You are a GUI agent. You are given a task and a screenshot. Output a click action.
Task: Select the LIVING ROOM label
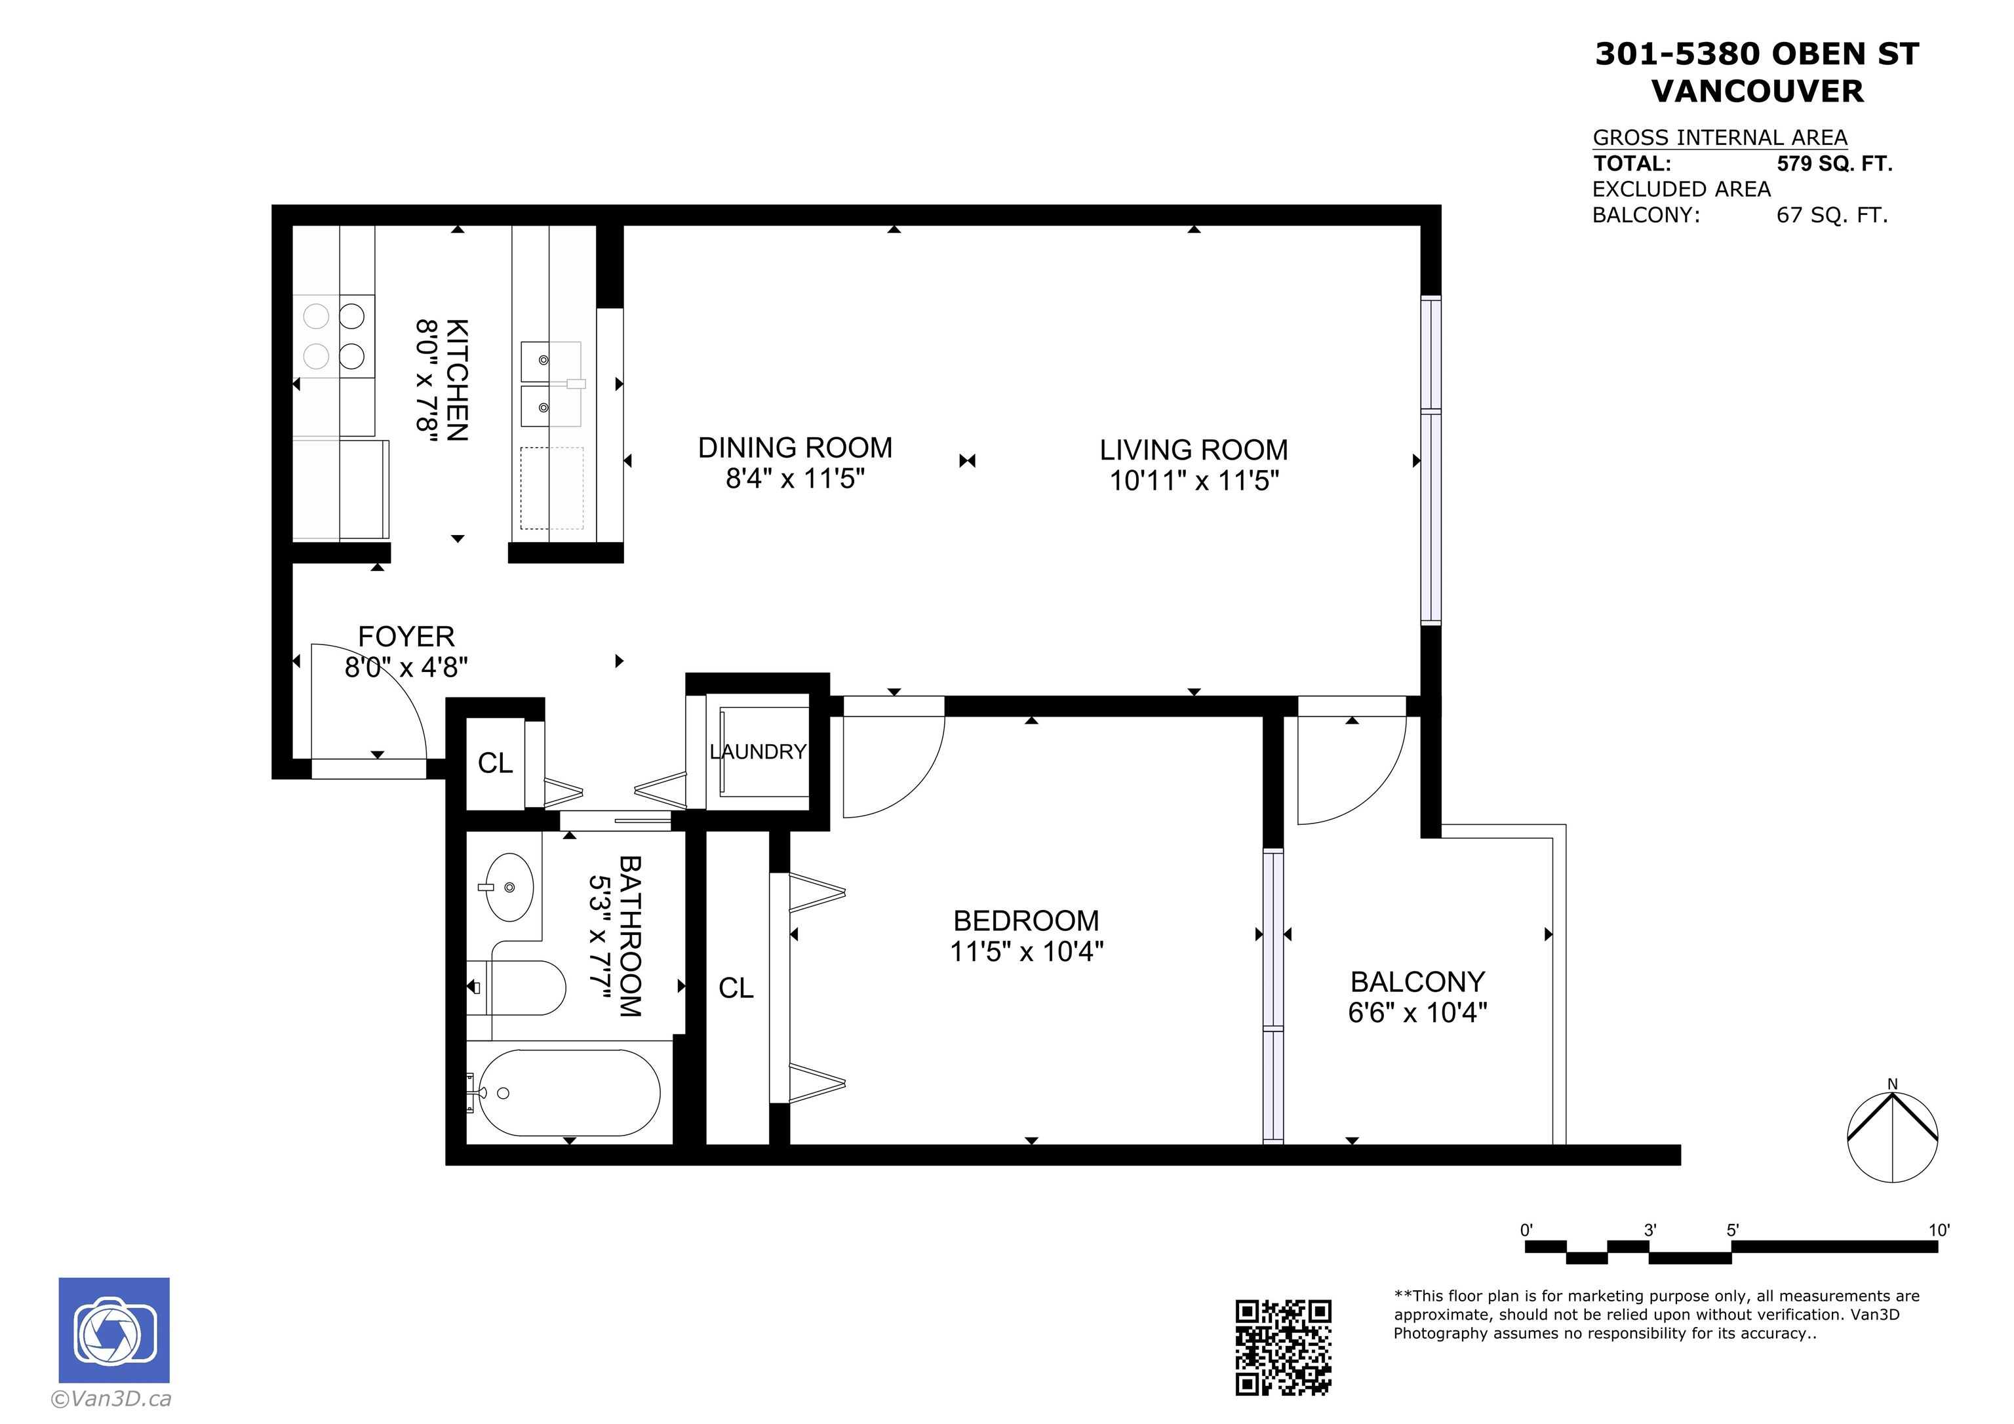point(1194,450)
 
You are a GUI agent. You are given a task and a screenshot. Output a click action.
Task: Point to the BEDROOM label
point(1026,920)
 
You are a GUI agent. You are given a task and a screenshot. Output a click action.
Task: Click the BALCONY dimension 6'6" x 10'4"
point(1417,1012)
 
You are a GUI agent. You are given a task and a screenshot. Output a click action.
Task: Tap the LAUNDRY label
point(758,752)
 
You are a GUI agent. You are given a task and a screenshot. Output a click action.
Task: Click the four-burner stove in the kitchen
point(333,336)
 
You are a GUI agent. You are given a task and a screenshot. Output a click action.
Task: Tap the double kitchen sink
point(551,384)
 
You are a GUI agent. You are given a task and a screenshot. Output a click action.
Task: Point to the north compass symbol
point(1892,1136)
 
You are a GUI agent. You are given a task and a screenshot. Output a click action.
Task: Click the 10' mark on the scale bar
point(1939,1230)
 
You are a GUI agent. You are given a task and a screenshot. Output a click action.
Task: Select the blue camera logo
point(114,1330)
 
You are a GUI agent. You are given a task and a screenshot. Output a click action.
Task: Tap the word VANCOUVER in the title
point(1757,91)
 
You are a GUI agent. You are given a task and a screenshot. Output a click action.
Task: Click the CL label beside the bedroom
point(736,988)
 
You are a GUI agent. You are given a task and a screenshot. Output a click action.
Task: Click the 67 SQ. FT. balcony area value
point(1832,215)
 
